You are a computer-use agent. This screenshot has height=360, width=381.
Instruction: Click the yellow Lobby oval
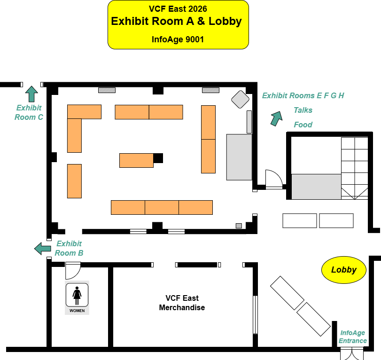344,270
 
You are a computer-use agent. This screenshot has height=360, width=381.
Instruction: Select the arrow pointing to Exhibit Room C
32,94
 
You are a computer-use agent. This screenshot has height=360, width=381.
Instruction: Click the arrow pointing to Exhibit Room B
43,248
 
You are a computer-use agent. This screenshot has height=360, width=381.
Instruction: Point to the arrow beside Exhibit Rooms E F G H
276,118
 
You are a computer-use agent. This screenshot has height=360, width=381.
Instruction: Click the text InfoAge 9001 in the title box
178,39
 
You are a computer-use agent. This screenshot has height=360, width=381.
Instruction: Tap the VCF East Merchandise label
182,303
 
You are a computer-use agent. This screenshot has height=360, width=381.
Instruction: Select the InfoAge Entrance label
353,337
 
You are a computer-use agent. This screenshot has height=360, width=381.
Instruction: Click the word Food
303,125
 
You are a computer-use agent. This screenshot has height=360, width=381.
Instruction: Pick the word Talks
303,110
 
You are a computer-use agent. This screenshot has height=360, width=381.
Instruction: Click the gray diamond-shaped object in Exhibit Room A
240,99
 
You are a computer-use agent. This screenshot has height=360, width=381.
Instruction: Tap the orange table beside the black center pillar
136,160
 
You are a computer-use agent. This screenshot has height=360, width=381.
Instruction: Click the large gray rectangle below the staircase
316,187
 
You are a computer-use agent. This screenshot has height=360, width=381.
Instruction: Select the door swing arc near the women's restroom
73,271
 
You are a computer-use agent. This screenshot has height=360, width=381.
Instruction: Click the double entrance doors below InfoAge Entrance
352,353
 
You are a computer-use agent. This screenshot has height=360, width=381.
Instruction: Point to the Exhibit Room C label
29,112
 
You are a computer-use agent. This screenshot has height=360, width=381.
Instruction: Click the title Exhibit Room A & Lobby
176,21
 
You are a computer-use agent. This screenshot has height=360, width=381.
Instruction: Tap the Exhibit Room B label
69,248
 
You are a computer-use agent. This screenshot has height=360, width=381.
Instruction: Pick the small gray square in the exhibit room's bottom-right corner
239,226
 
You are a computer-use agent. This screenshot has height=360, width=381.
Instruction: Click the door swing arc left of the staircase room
273,179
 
